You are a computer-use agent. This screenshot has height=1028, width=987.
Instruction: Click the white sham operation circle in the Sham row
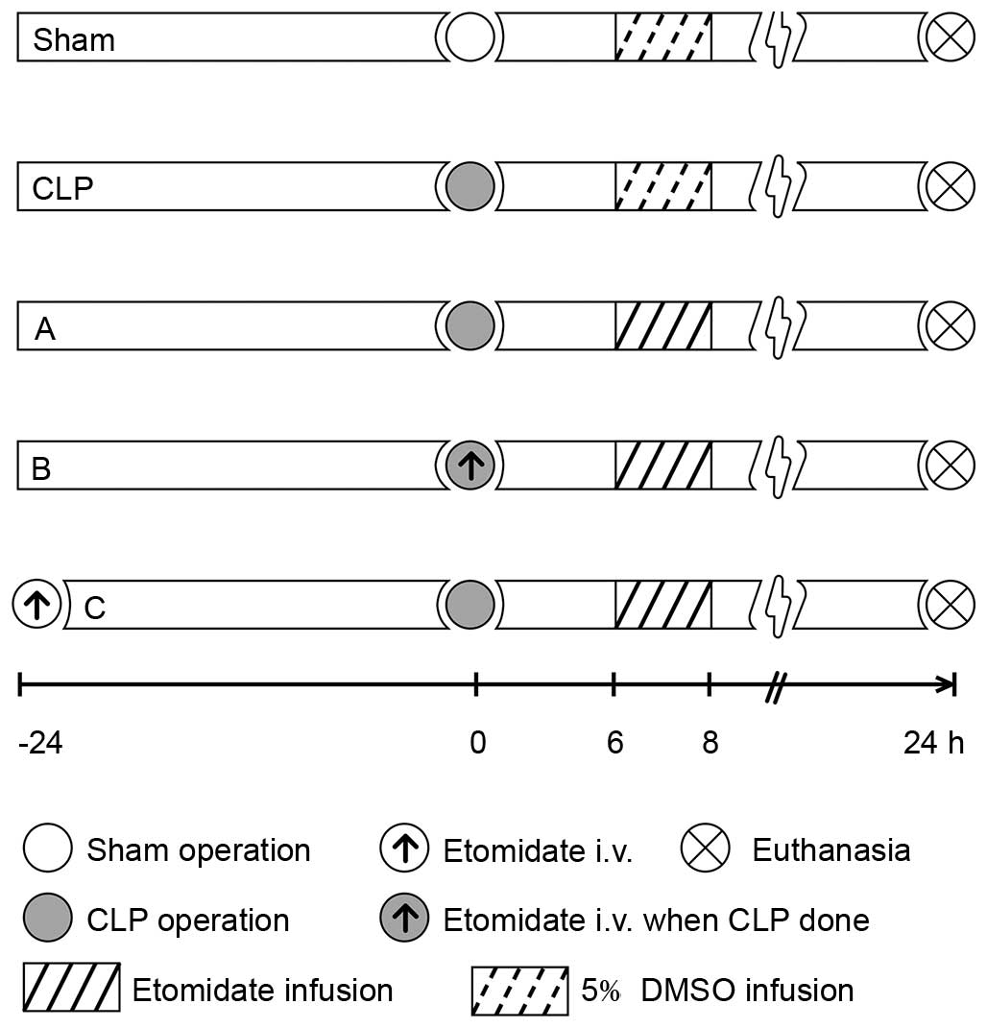[x=470, y=38]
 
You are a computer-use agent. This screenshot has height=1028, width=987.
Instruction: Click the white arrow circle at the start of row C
[x=36, y=605]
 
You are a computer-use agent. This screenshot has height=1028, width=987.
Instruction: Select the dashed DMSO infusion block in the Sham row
[x=662, y=38]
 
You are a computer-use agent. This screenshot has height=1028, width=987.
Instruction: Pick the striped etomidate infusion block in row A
[x=662, y=326]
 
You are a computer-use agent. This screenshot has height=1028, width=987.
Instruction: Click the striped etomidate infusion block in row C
[x=662, y=605]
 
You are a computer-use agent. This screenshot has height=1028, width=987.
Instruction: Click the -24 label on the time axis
[x=40, y=744]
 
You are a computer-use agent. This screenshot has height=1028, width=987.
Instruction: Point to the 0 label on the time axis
[x=477, y=744]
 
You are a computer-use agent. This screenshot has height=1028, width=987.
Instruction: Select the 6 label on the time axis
[x=614, y=744]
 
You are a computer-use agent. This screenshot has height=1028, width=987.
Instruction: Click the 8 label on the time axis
[x=710, y=744]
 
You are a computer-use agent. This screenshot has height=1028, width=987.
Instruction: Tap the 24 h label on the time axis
[x=933, y=744]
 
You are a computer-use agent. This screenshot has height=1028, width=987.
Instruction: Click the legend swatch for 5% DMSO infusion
[x=519, y=989]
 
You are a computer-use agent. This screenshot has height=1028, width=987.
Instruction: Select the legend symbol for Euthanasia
[x=704, y=849]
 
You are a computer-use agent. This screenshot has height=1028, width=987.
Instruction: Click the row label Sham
[x=74, y=40]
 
